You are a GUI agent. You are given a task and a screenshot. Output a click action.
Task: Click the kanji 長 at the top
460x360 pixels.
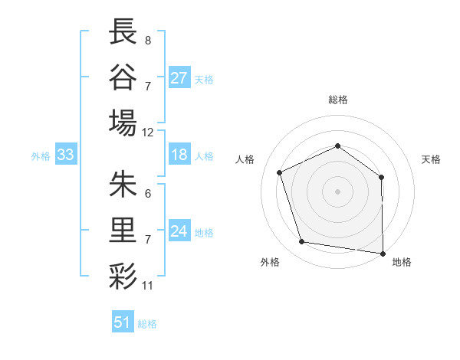(x=123, y=31)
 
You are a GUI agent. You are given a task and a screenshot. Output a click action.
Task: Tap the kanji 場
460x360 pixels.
(x=123, y=122)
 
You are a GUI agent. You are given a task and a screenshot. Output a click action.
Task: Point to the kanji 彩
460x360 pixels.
(x=123, y=275)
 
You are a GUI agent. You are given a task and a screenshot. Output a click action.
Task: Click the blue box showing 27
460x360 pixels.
(x=179, y=77)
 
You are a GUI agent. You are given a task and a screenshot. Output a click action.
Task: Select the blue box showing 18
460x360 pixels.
(x=179, y=155)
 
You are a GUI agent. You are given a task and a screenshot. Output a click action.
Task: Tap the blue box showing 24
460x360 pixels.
(x=179, y=231)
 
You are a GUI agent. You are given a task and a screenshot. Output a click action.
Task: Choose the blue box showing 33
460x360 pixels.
(x=66, y=155)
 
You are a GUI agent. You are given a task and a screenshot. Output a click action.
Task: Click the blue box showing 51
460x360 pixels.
(x=123, y=322)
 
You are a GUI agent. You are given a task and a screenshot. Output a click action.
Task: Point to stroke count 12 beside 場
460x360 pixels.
(x=148, y=132)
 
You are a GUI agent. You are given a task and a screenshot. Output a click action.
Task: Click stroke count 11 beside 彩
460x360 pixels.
(x=148, y=286)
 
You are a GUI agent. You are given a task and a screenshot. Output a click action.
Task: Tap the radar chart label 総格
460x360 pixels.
(x=338, y=100)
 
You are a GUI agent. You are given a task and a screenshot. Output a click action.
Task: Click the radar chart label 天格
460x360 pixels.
(x=431, y=159)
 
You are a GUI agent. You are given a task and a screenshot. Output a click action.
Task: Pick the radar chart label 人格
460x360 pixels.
(x=245, y=159)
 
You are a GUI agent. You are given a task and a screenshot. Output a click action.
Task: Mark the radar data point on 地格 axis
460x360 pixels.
(x=383, y=252)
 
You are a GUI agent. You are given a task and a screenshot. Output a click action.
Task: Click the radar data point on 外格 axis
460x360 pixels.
(x=302, y=242)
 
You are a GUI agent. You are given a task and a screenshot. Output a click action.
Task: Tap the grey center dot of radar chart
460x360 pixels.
(x=338, y=191)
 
